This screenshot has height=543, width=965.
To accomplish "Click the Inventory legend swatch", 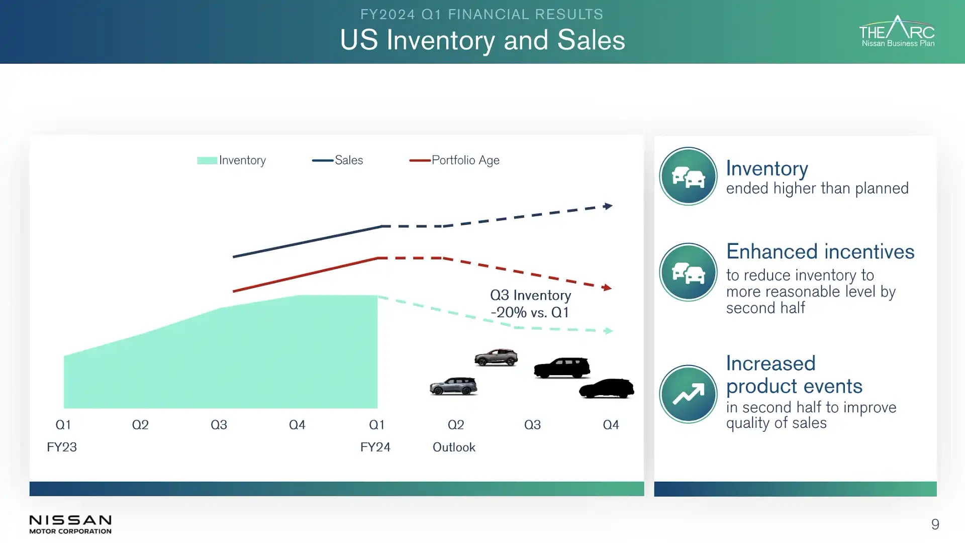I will click(x=207, y=160).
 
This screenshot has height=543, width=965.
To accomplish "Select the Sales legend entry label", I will click(x=349, y=160).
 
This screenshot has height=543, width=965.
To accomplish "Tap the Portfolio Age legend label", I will click(x=465, y=160).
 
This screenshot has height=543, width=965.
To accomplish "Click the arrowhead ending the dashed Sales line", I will click(x=608, y=206).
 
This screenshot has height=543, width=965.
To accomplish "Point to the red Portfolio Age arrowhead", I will click(x=607, y=288).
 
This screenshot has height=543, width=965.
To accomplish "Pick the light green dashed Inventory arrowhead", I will click(x=608, y=331).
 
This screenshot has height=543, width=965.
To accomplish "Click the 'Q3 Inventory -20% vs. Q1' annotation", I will click(x=530, y=304).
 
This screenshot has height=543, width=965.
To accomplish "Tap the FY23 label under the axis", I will click(x=62, y=447).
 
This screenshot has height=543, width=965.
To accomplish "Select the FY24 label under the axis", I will click(x=375, y=447).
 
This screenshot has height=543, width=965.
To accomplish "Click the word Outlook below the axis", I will click(x=454, y=447).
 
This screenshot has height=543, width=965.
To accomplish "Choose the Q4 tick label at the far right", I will click(x=611, y=425).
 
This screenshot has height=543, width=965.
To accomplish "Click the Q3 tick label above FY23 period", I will click(x=219, y=425).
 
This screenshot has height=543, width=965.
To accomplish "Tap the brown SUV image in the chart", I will click(x=496, y=357).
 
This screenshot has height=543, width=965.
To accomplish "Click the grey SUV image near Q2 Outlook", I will click(x=453, y=386).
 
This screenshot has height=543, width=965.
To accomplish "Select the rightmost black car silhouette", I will click(x=607, y=389).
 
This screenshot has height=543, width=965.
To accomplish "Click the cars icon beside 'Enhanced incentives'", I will click(x=688, y=273).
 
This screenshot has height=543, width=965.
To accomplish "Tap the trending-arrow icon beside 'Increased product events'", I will click(x=688, y=394).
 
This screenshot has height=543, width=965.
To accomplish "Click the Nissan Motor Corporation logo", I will click(x=70, y=524).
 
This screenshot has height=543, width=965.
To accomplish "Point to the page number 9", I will click(x=935, y=524).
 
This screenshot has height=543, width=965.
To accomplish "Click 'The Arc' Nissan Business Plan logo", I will click(x=897, y=32).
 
